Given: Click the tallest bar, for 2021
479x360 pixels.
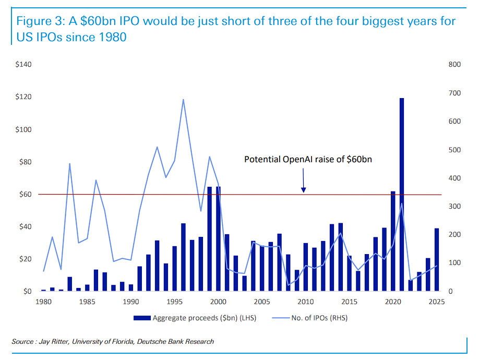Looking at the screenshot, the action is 402,194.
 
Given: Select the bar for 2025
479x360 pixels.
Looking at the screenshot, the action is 437,259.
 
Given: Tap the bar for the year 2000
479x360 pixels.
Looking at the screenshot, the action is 219,238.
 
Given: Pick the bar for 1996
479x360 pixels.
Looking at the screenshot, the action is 183,257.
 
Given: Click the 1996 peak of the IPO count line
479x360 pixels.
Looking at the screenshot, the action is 183,100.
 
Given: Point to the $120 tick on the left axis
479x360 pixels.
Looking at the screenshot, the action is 23,97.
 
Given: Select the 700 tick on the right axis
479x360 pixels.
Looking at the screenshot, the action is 454,93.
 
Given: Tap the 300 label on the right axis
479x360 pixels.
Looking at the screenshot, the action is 454,207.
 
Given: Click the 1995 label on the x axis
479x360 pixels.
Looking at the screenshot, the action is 174,302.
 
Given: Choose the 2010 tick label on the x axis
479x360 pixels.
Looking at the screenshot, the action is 305,302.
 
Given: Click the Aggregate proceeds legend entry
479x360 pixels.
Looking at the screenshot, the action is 195,318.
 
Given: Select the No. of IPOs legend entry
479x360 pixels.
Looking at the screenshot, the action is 310,318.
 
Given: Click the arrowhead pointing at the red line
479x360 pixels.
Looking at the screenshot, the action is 303,190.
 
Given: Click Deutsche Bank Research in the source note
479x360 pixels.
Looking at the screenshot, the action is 175,341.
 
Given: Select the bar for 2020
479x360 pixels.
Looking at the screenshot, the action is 393,241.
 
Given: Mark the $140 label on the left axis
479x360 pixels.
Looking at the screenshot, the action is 23,64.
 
